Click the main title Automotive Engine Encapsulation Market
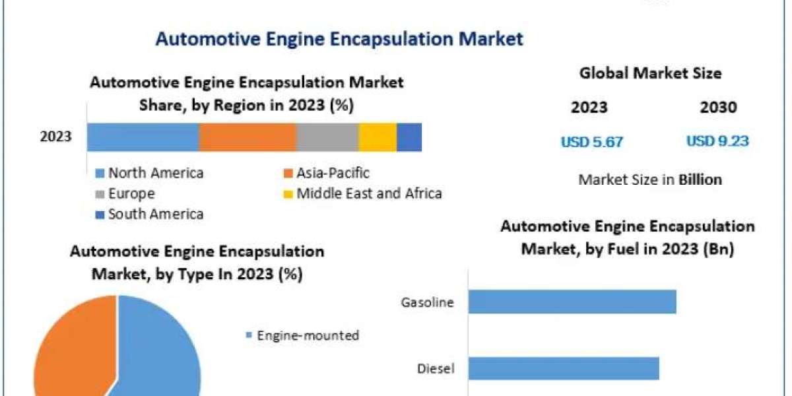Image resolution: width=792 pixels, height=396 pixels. coord(339,39)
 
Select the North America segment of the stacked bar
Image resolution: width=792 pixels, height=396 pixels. coord(143,137)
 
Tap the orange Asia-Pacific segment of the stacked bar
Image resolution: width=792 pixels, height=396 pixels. coord(247,137)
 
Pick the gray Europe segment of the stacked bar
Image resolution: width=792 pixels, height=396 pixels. coord(327,137)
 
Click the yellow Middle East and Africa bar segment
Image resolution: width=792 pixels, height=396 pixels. coord(378,137)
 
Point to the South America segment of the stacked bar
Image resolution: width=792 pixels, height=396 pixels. coord(409,137)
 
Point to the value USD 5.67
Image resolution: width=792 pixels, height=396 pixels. coord(592,142)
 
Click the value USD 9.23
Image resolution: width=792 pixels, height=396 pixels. coord(717,141)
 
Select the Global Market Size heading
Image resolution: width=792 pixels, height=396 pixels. coord(650,73)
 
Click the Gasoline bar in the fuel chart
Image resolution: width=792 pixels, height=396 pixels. coord(572,302)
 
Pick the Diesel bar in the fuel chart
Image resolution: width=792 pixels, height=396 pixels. coord(564,368)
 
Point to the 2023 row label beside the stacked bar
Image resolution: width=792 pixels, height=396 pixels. coord(55,137)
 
